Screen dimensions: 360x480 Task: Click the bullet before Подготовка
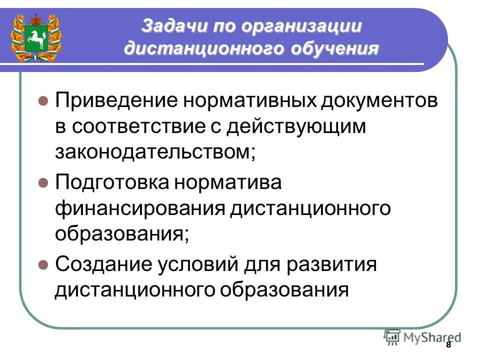[43, 182]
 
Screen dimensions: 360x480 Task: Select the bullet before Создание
[43, 263]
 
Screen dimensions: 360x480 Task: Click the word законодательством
[155, 152]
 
